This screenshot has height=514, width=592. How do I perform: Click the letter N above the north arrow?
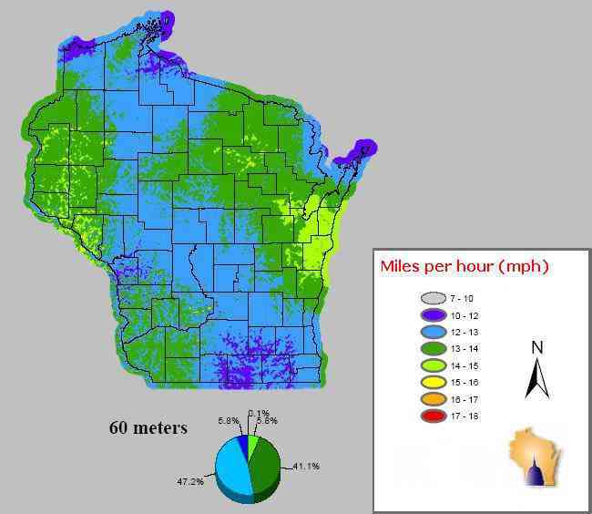click(537, 347)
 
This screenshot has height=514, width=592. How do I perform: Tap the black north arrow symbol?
click(537, 379)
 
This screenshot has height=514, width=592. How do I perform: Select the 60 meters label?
click(148, 427)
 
